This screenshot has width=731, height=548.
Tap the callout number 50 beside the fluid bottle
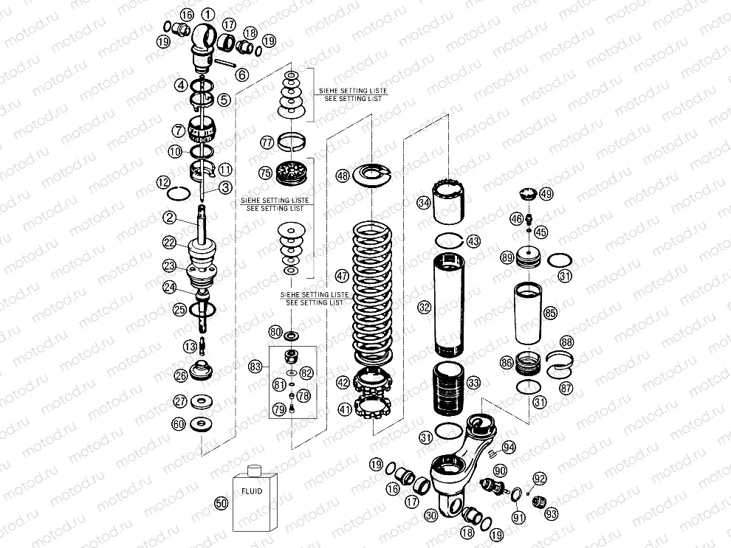(x=219, y=504)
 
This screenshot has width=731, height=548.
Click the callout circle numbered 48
(x=342, y=176)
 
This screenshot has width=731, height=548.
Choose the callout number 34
(x=423, y=203)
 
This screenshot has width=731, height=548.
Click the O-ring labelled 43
(x=450, y=240)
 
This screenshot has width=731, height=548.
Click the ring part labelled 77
(x=294, y=140)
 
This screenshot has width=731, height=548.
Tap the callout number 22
(x=169, y=243)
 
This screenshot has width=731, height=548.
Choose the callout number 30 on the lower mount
(x=432, y=517)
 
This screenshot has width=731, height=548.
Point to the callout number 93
(x=552, y=513)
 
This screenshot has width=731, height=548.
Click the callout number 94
(x=509, y=447)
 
